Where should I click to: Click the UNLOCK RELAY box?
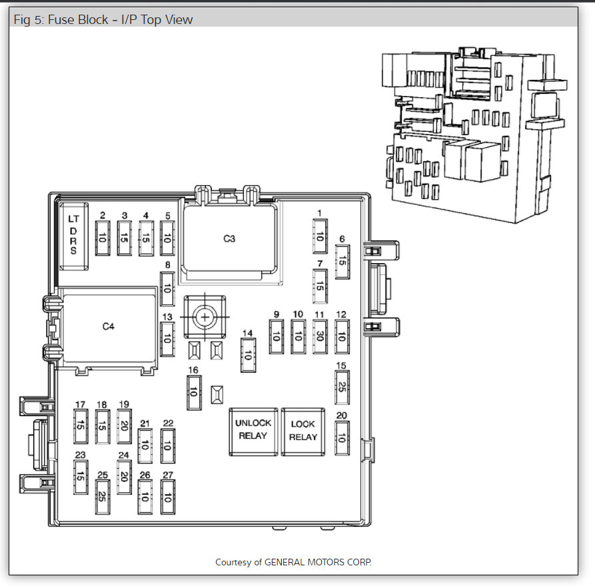coord(253,432)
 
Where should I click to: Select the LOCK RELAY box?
coord(302,432)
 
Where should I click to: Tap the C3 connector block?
coord(230,238)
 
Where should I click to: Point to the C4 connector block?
coord(109,326)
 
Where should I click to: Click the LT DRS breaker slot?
coord(73,236)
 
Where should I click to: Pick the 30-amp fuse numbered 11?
coord(320,336)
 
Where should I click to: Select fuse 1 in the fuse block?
coord(320,236)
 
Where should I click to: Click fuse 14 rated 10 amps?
coord(248,355)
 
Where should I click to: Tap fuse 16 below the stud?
coord(194,392)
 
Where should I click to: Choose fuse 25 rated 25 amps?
coord(103,497)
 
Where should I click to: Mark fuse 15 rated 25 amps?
coord(342,388)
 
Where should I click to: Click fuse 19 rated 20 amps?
coord(124,426)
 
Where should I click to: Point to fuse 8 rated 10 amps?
coord(167,288)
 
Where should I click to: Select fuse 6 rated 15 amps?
coord(342,262)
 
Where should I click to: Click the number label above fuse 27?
coord(168,475)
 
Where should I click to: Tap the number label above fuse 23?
coord(81,455)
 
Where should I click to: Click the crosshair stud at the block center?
coord(205,317)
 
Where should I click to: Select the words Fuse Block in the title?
coord(78,20)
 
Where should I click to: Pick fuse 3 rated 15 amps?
coord(124,238)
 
